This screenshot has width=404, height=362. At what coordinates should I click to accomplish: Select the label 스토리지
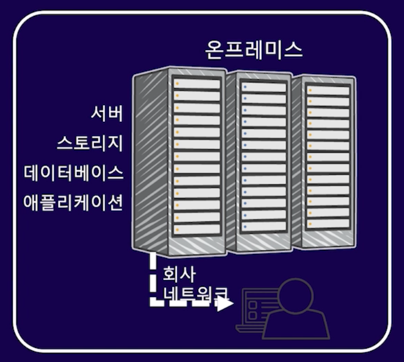coord(89,143)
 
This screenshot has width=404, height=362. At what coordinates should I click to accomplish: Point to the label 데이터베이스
coord(74,173)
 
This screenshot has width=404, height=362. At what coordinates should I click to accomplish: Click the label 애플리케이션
coord(74,202)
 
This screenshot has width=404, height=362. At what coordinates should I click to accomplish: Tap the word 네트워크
coord(194,294)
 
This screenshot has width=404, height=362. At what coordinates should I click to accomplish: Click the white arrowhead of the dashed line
coord(224,305)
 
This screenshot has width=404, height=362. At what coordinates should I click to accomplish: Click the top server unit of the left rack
coord(197,83)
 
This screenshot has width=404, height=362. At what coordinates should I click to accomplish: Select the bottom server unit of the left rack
coord(197,229)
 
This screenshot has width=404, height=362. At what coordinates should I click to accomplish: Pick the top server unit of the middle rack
coord(264,87)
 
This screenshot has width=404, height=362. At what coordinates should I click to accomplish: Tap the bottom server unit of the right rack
coord(329,224)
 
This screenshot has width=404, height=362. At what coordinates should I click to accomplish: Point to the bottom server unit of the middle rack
coord(264,226)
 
